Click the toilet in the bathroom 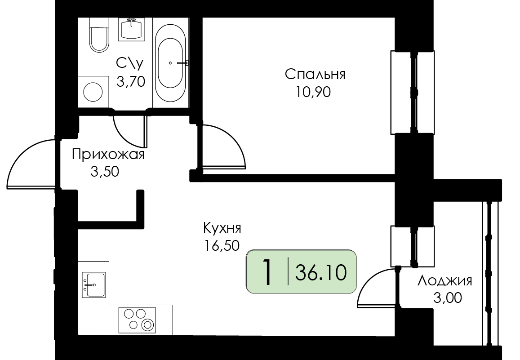tap(99, 35)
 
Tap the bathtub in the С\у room tap(170, 62)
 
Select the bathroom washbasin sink tap(132, 29)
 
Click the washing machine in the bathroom tap(93, 92)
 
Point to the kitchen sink tap(94, 284)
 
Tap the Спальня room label tap(315, 74)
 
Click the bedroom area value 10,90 tap(313, 92)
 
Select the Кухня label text tap(222, 228)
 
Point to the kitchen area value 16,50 tap(222, 246)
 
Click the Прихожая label tap(108, 155)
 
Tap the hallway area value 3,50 tap(105, 172)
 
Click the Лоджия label tap(444, 281)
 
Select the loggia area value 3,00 tap(447, 298)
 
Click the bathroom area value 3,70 tap(131, 81)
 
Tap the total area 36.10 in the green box tap(321, 273)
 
